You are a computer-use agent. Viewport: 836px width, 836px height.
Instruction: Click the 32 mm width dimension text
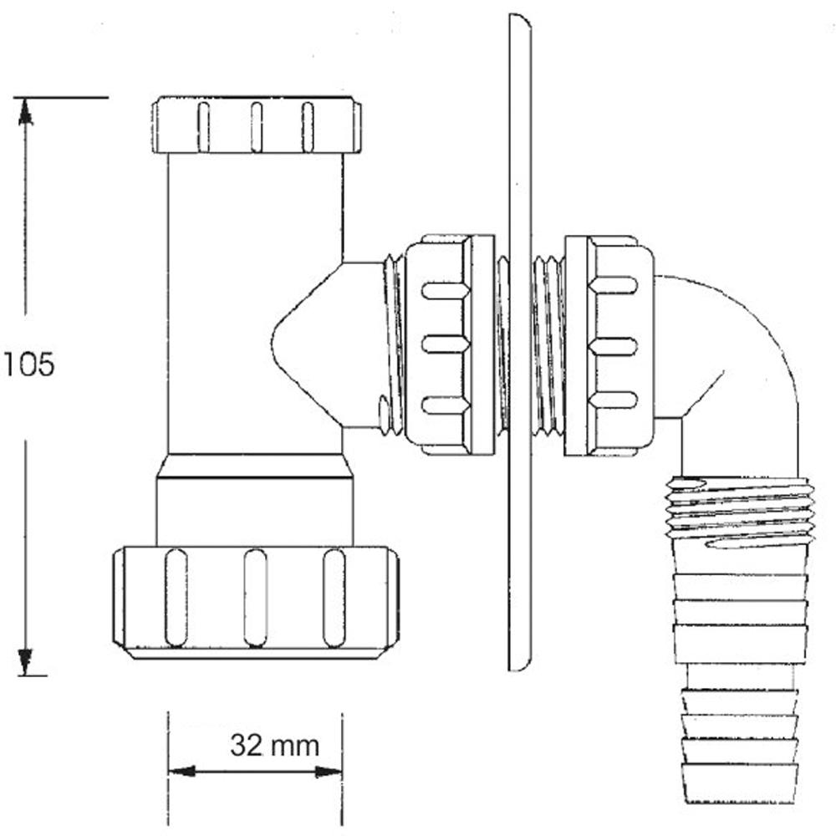click(x=274, y=744)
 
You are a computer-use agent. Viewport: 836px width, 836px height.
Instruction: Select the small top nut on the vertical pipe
click(x=257, y=126)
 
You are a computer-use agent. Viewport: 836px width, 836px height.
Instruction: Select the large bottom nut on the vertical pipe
click(x=254, y=597)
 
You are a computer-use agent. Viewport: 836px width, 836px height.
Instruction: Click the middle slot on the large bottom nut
click(x=255, y=599)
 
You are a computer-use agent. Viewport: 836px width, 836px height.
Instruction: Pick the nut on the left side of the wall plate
click(x=448, y=344)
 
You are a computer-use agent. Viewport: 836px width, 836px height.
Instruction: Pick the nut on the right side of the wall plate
click(x=604, y=344)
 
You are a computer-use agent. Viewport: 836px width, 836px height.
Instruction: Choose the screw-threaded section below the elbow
click(x=740, y=512)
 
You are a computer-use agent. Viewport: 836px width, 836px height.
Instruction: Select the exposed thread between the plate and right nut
click(x=548, y=344)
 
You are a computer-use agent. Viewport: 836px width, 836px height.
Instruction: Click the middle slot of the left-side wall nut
click(x=446, y=344)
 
